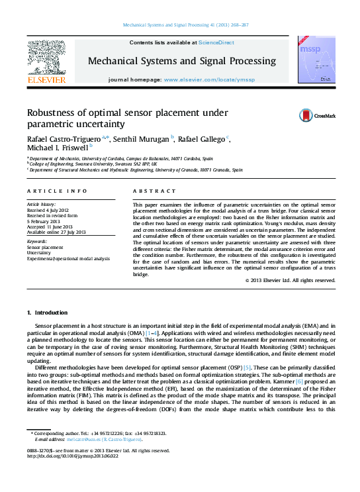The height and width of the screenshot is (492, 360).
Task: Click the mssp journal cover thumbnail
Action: [x=316, y=60]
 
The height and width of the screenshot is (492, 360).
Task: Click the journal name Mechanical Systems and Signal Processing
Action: [x=182, y=61]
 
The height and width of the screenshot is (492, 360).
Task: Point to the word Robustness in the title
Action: [x=54, y=113]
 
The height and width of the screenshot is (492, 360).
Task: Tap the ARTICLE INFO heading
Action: [x=57, y=191]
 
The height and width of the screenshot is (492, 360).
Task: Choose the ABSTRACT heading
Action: [x=147, y=191]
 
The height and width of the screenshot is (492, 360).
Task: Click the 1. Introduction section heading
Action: [x=47, y=312]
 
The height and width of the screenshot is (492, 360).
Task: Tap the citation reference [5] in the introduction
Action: [x=247, y=367]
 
